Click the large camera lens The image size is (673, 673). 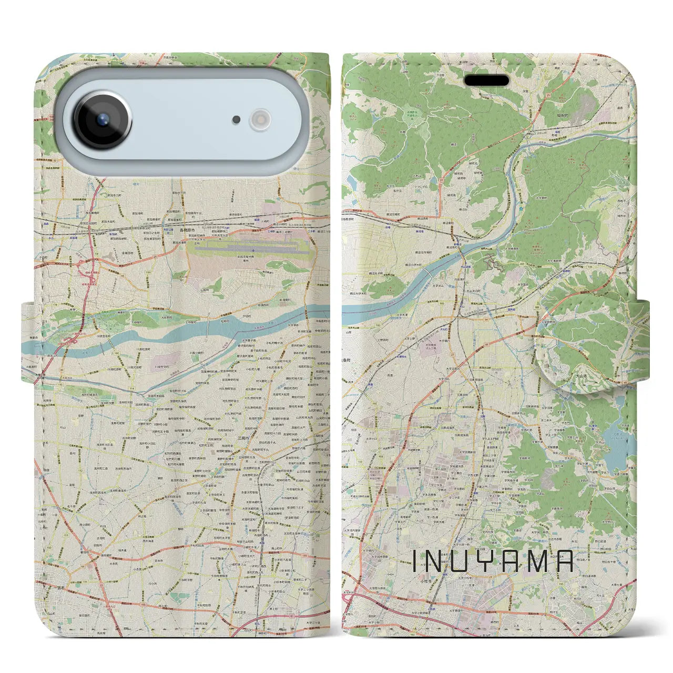point(102,120)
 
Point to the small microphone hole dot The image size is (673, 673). point(237,120)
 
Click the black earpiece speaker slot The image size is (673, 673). point(487,81)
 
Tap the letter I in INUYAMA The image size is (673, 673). point(415,562)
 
